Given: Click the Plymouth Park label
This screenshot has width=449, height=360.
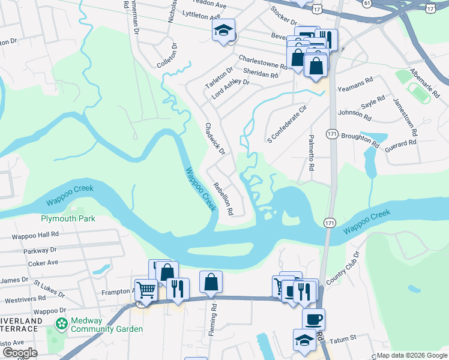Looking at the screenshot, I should [x=68, y=219].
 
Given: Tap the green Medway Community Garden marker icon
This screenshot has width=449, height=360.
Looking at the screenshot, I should [x=61, y=324].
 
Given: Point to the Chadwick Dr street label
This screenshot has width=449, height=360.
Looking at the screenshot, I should [x=215, y=140].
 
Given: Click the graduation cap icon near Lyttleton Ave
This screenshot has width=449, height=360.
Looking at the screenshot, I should [x=223, y=31].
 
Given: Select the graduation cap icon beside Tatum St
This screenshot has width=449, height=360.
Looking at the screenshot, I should [x=305, y=340].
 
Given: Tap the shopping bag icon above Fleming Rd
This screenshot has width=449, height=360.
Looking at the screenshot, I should [x=211, y=282].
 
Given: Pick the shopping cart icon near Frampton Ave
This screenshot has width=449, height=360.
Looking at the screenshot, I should [x=145, y=290].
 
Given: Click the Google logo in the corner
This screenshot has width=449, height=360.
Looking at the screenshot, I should [x=19, y=353].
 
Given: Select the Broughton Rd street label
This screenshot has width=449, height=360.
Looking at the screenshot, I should [x=360, y=140].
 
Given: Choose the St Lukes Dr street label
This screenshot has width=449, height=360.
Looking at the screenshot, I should [x=49, y=287].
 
